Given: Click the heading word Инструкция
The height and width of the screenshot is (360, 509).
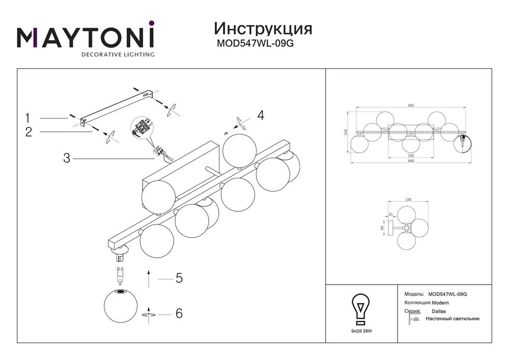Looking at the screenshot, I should tap(263, 28).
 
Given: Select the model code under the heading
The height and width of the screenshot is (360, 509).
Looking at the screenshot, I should tap(256, 44).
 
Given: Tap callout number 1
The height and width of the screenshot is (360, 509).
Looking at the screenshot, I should tap(29, 118).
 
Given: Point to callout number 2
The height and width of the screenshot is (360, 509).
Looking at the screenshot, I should tap(29, 132).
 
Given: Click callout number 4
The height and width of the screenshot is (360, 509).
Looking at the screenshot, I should tap(261, 115).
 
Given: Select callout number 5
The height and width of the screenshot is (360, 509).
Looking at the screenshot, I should tap(179, 279).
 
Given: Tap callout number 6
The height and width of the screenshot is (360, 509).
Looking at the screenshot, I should tap(179, 313).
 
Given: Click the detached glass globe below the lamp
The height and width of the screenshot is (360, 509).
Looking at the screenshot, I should tap(121, 306).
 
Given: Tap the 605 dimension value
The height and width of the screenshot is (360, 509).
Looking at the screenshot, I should tap(411, 105).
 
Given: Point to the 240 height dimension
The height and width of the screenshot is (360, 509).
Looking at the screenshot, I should tap(346, 133).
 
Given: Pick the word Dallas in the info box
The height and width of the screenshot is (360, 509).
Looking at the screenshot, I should tap(439, 311).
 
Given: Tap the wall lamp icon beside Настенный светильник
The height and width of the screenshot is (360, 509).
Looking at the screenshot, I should tap(414, 319).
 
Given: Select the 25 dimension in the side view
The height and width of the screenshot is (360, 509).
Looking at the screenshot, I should tap(391, 214).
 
